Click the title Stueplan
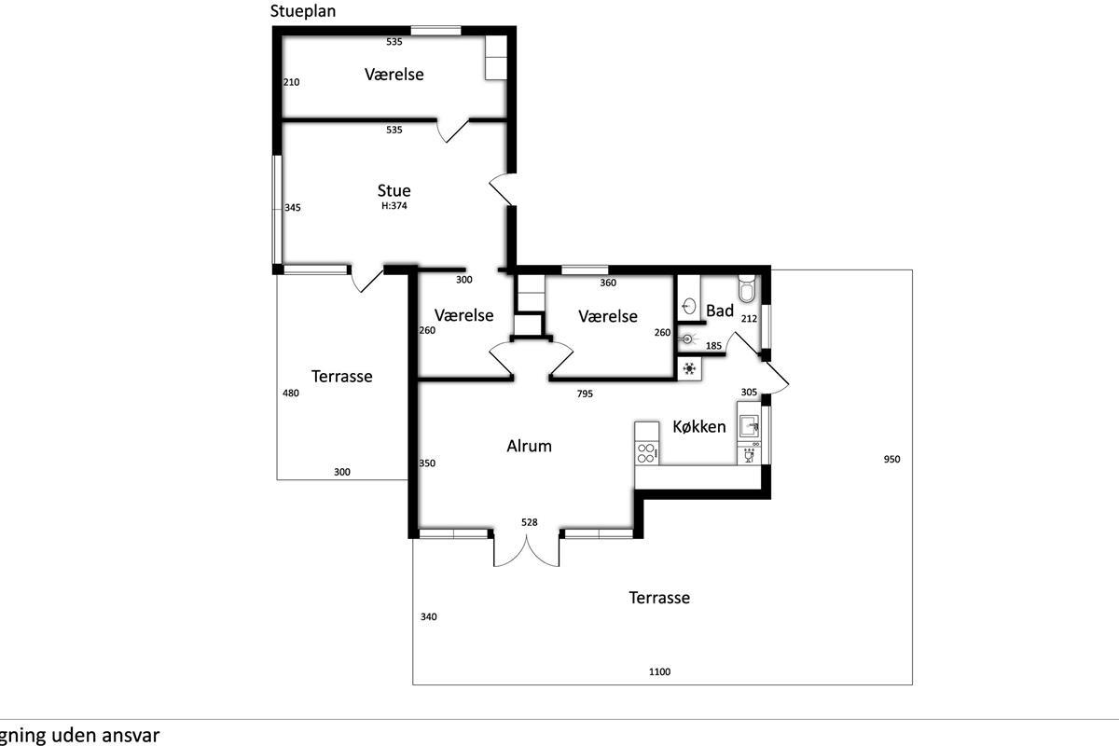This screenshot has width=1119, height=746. tap(303, 12)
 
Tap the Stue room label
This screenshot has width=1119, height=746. tap(394, 191)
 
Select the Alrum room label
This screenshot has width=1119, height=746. tap(529, 446)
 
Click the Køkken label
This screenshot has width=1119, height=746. tap(699, 427)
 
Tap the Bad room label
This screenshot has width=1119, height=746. tap(720, 311)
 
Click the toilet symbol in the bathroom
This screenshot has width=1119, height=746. tap(747, 288)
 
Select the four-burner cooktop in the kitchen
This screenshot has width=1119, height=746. tap(645, 452)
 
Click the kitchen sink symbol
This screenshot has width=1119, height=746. tap(750, 426)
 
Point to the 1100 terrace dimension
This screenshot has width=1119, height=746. tap(660, 671)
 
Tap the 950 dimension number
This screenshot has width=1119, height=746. tap(891, 459)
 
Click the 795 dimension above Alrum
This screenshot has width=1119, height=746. tap(585, 394)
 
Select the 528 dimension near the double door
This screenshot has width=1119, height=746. tap(530, 522)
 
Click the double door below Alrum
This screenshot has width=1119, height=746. tap(527, 550)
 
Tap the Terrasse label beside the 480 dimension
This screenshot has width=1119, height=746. tap(341, 377)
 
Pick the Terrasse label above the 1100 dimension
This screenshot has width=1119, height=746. tap(659, 598)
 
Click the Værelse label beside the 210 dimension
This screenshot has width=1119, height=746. tap(394, 74)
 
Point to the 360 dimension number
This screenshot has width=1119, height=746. tap(608, 283)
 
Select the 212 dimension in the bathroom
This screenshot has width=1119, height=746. tap(749, 319)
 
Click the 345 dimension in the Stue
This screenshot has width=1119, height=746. tap(292, 208)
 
